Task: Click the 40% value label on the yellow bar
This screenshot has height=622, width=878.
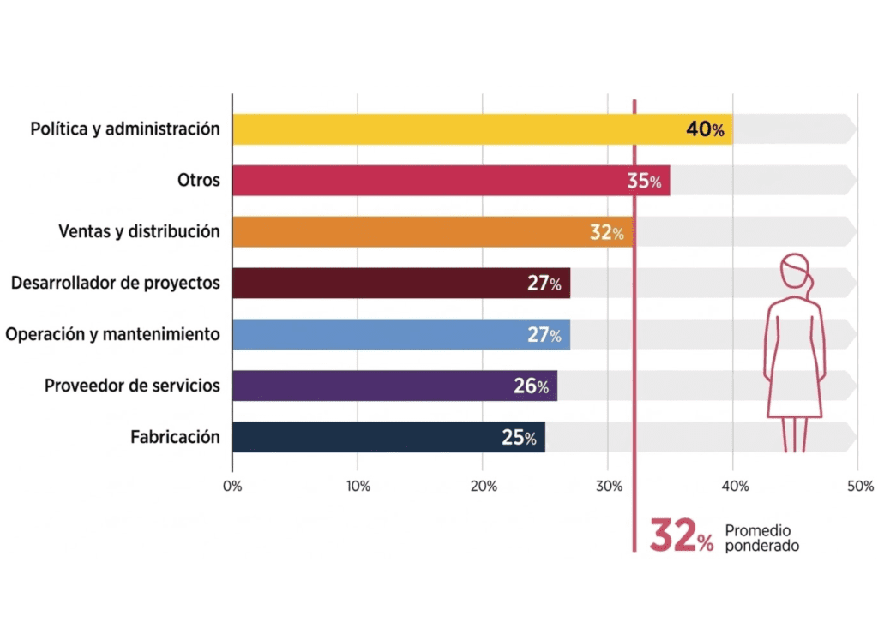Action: click(x=705, y=130)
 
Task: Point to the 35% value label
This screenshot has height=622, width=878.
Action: click(x=644, y=182)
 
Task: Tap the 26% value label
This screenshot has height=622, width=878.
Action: click(x=531, y=387)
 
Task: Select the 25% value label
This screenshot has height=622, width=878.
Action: click(x=519, y=439)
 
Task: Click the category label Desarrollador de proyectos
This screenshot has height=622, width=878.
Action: click(x=116, y=283)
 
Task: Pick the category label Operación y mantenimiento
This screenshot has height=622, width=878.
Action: click(x=112, y=334)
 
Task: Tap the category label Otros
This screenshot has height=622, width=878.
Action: click(x=199, y=180)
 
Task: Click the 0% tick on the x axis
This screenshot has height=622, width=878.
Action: click(x=232, y=486)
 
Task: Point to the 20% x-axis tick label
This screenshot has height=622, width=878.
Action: click(x=483, y=486)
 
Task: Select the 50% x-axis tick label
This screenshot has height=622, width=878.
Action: click(x=858, y=486)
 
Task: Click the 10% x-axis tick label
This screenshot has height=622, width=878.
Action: click(x=358, y=486)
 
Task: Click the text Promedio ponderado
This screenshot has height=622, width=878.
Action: click(x=761, y=538)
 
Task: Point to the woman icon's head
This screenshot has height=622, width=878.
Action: click(x=795, y=270)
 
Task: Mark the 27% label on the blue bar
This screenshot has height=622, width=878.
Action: click(x=544, y=336)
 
